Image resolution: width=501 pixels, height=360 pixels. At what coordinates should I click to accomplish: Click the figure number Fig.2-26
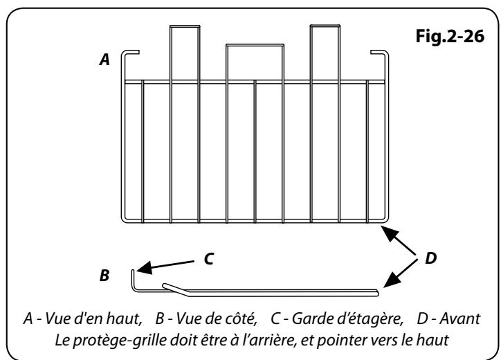450,36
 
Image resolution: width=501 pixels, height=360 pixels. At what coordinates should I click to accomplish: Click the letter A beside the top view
104,60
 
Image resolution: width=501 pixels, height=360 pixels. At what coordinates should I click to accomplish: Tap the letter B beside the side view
104,276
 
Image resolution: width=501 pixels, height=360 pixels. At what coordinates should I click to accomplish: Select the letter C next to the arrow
209,259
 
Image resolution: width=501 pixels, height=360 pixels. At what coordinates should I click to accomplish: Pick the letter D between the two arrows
430,258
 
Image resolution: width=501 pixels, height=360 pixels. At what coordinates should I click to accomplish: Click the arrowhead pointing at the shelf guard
145,268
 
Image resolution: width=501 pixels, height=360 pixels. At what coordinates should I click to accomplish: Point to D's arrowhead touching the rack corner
389,233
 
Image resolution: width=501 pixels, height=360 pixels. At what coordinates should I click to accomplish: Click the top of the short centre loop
255,46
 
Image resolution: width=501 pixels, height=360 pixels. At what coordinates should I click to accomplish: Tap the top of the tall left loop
185,26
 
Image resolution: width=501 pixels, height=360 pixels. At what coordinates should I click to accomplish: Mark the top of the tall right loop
325,26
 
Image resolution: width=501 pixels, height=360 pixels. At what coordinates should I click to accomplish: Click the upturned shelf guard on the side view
134,280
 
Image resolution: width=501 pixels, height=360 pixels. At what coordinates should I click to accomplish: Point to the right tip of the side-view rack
378,292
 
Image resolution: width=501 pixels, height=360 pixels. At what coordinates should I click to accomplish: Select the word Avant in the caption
459,318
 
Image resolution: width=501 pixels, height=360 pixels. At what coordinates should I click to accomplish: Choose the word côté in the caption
243,318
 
